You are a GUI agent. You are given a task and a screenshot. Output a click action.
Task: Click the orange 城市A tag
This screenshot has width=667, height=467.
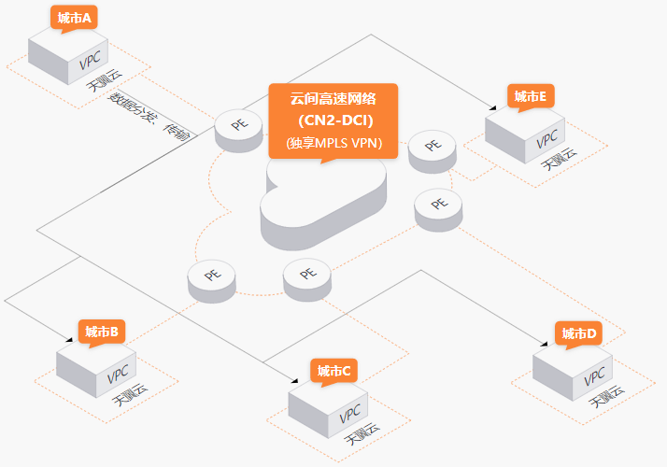(74, 19)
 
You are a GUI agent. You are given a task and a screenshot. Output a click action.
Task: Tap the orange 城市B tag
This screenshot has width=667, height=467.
(102, 333)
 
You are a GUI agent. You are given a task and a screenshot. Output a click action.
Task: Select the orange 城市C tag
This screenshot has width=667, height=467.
(333, 372)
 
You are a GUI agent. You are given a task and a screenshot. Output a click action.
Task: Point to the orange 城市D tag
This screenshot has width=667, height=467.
(578, 334)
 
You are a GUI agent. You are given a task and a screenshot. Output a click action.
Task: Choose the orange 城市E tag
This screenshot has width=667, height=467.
(531, 97)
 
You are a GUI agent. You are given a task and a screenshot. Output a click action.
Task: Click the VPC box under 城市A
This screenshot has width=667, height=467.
(68, 57)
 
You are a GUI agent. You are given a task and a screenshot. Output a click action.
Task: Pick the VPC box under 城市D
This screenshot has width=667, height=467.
(573, 373)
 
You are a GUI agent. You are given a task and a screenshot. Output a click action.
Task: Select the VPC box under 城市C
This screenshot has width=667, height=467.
(328, 410)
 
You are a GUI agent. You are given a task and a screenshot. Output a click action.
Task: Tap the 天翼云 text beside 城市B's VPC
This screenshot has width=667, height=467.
(130, 395)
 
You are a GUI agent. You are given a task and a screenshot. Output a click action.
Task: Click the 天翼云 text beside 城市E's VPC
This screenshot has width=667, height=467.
(560, 159)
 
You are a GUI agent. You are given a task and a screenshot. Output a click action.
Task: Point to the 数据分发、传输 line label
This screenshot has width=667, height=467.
(149, 116)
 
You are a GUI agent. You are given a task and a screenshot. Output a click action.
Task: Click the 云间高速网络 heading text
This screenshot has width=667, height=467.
(333, 99)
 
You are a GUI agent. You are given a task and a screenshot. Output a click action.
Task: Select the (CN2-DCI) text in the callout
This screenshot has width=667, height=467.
(335, 120)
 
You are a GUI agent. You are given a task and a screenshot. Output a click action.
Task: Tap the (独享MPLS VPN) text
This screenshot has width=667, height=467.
(334, 143)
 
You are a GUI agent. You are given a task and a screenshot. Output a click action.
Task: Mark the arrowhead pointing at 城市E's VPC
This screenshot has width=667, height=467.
(492, 108)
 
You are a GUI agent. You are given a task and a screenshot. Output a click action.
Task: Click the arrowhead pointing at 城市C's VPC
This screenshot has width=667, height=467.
(294, 380)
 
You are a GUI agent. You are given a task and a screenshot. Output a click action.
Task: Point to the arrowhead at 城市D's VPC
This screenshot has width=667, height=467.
(544, 344)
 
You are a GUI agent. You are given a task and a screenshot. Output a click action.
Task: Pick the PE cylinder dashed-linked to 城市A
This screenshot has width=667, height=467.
(238, 131)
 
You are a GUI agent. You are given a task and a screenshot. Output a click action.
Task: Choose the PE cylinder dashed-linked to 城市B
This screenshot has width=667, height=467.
(211, 281)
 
